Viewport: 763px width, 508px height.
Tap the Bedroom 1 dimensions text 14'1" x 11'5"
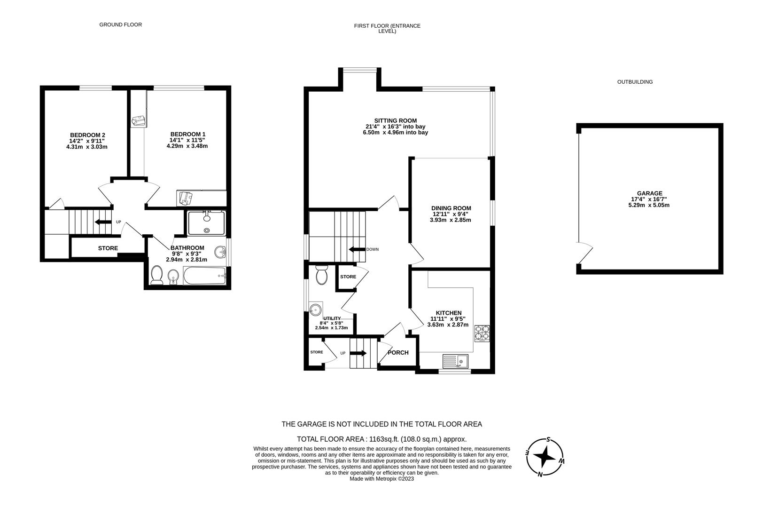click(x=187, y=140)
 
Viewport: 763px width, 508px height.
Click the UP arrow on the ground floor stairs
click(x=103, y=222)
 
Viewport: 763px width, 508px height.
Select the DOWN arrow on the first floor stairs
click(x=357, y=249)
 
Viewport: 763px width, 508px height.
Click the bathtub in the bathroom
click(x=205, y=276)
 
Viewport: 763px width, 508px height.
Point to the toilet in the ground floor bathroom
click(x=156, y=275)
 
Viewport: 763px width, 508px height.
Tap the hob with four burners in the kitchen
click(x=482, y=333)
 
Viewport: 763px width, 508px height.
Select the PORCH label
click(x=398, y=352)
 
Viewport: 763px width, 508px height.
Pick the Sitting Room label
click(x=395, y=121)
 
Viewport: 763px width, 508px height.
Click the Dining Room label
click(x=451, y=208)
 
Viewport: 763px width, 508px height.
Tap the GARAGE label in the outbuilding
click(x=649, y=193)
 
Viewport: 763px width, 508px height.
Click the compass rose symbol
click(x=545, y=456)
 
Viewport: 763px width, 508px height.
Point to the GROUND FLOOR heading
click(x=120, y=24)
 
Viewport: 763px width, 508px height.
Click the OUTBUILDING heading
click(x=635, y=82)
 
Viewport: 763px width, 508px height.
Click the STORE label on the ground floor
click(x=108, y=248)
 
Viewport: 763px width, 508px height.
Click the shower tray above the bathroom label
click(x=207, y=223)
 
